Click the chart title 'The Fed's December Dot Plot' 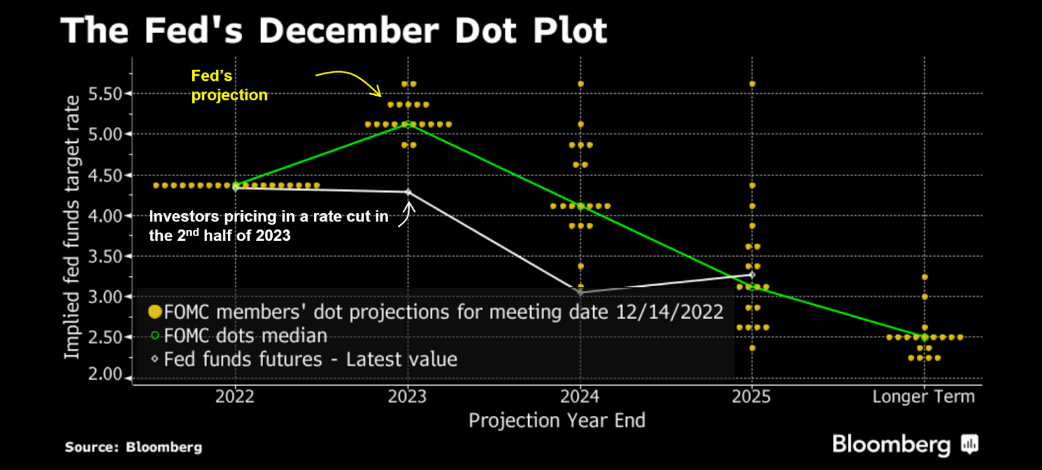tap(333, 31)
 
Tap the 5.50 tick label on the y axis tap(105, 94)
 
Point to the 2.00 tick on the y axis tap(105, 374)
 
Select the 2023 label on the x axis tap(407, 396)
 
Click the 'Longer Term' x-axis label tap(923, 396)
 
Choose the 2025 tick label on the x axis tap(751, 396)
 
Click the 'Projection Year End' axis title tap(557, 420)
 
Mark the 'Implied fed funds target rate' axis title tap(72, 227)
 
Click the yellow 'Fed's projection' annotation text tap(229, 85)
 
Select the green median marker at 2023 tap(408, 124)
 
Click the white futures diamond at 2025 tap(752, 275)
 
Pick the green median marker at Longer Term tap(924, 337)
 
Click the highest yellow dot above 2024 tap(580, 84)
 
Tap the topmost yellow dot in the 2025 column tap(752, 84)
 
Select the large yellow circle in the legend tap(155, 312)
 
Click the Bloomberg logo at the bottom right tap(905, 445)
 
